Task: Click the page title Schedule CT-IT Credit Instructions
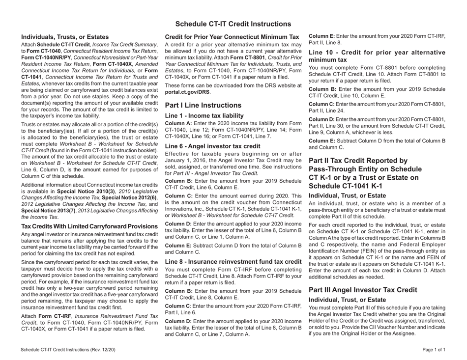(x=233, y=24)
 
